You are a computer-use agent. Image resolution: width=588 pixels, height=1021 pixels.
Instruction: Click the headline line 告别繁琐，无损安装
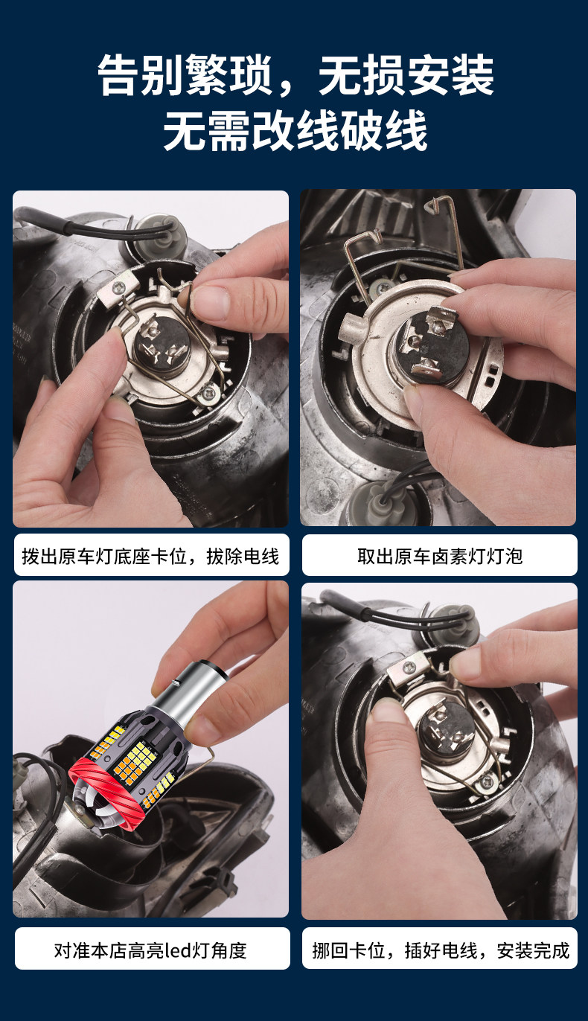click(295, 74)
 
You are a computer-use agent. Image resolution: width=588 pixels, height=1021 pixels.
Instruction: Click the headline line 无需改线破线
click(295, 131)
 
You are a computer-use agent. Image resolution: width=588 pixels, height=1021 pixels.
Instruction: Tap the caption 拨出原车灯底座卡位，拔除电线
click(150, 556)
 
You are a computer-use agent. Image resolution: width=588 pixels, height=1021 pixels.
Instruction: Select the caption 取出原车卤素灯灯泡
click(439, 556)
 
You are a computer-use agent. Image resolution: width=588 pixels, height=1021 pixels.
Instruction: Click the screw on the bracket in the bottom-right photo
click(407, 667)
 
